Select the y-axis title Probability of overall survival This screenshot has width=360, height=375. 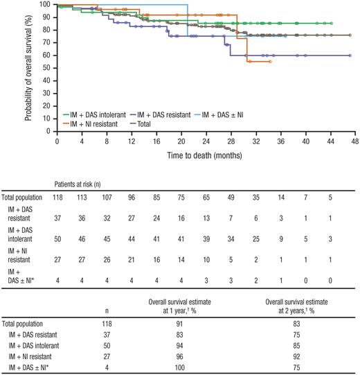(30, 67)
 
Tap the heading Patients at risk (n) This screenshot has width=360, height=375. (82, 184)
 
